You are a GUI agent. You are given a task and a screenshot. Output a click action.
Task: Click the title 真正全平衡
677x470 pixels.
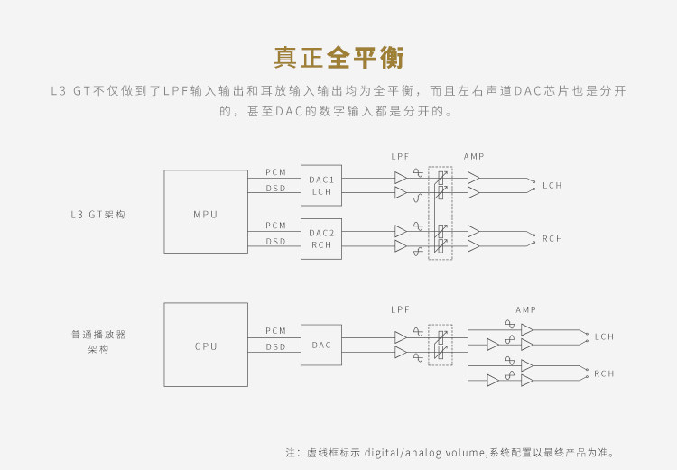338,57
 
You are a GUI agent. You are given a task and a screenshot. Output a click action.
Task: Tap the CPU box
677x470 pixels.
206,346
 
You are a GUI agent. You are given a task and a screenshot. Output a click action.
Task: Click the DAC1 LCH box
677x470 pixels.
322,185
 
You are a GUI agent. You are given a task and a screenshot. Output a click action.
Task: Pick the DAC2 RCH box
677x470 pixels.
322,238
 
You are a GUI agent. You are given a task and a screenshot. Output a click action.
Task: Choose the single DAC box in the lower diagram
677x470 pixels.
322,345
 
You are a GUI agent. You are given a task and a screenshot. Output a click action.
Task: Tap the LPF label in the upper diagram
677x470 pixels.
401,157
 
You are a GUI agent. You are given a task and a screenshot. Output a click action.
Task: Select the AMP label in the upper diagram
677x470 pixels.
474,157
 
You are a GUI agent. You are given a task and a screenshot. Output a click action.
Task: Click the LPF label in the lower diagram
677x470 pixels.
401,309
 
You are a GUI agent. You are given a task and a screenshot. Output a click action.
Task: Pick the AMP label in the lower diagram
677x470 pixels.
526,309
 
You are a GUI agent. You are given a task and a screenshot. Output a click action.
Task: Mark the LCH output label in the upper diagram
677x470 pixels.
552,186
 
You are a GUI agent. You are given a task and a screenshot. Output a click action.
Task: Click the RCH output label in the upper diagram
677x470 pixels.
552,239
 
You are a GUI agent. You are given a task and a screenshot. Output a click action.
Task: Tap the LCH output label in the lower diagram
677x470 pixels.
604,337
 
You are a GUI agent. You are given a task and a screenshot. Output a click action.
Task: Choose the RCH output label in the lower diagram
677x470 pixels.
604,373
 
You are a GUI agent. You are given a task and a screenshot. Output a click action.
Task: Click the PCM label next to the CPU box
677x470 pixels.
275,331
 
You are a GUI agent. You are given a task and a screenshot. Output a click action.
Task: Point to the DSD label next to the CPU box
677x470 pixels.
275,346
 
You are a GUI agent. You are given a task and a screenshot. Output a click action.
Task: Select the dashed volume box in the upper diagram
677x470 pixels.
440,212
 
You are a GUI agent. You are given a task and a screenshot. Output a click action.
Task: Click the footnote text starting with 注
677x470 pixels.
451,452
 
